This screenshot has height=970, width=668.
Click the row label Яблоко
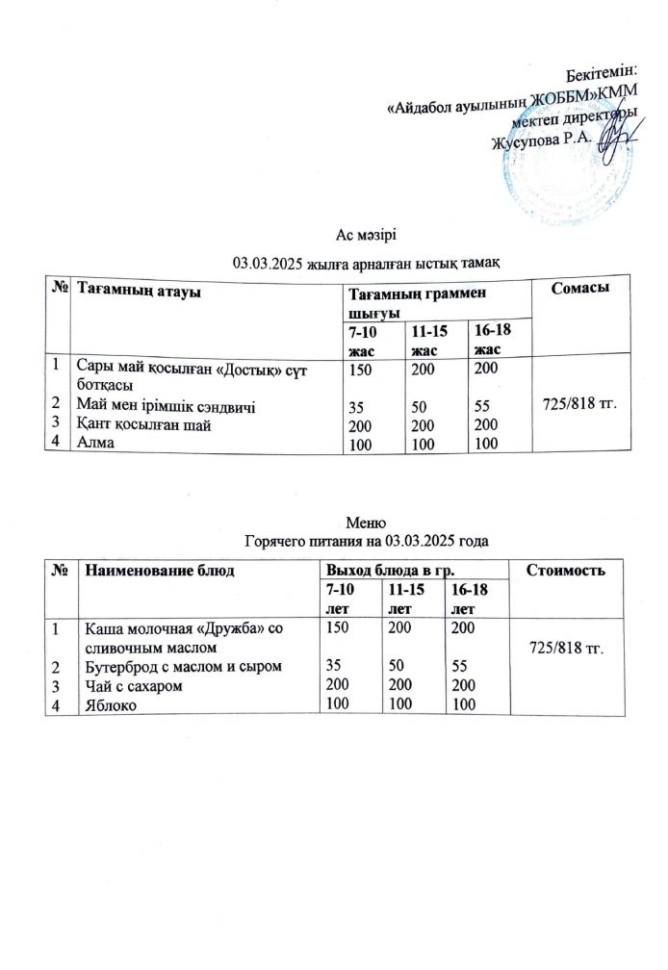pyautogui.click(x=109, y=705)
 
